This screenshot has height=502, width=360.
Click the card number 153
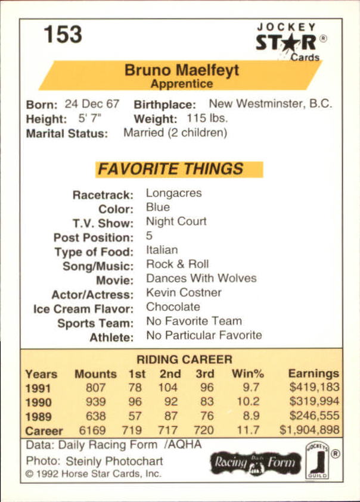pyautogui.click(x=62, y=34)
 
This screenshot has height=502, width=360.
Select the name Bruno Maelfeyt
pyautogui.click(x=182, y=70)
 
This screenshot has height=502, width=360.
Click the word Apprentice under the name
pyautogui.click(x=182, y=84)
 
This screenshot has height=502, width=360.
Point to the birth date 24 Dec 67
pyautogui.click(x=92, y=104)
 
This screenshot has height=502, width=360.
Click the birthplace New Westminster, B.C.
pyautogui.click(x=270, y=104)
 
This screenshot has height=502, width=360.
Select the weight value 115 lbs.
pyautogui.click(x=207, y=119)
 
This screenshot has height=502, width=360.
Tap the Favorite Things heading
pyautogui.click(x=170, y=169)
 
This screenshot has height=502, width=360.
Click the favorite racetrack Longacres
pyautogui.click(x=173, y=193)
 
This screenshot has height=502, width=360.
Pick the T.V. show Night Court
pyautogui.click(x=176, y=222)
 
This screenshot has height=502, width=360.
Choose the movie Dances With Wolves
pyautogui.click(x=201, y=278)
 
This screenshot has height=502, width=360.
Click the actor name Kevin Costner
pyautogui.click(x=184, y=292)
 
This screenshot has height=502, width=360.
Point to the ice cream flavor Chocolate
pyautogui.click(x=173, y=307)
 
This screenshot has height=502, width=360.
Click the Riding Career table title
pyautogui.click(x=184, y=360)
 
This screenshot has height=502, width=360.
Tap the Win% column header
pyautogui.click(x=247, y=374)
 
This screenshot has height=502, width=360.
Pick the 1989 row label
pyautogui.click(x=38, y=416)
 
